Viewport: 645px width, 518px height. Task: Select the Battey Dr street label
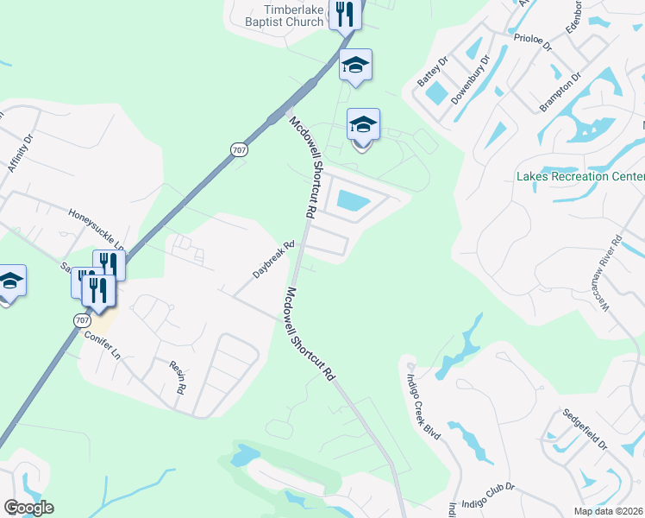pyautogui.click(x=433, y=72)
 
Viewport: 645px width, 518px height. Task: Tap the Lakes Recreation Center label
pyautogui.click(x=579, y=176)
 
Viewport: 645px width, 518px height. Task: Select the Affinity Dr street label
pyautogui.click(x=20, y=153)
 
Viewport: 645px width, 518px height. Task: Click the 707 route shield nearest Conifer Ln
pyautogui.click(x=81, y=320)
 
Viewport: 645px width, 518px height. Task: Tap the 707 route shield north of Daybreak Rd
pyautogui.click(x=238, y=149)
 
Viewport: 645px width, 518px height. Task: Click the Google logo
pyautogui.click(x=28, y=508)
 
